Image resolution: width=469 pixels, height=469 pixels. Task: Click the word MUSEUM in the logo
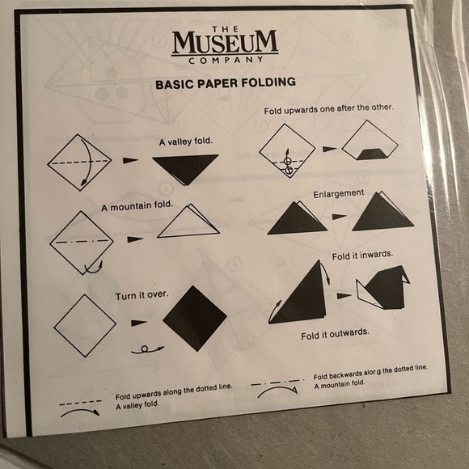(x=225, y=41)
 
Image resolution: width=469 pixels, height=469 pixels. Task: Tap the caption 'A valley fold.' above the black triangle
(x=186, y=142)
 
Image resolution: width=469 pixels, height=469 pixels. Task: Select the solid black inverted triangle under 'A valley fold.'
(x=185, y=166)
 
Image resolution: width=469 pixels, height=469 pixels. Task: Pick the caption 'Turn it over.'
(x=142, y=294)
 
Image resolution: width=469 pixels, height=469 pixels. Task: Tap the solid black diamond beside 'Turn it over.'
(x=195, y=318)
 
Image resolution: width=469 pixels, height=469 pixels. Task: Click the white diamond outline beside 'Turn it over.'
(x=85, y=324)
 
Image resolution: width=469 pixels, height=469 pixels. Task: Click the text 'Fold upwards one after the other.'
(x=328, y=109)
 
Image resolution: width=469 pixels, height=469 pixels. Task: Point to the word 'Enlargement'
(x=339, y=193)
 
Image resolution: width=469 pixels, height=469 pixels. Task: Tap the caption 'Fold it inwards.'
(x=362, y=256)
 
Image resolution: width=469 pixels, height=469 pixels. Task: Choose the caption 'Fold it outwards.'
(x=336, y=333)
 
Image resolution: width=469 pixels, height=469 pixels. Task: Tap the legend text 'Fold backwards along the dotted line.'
(x=370, y=372)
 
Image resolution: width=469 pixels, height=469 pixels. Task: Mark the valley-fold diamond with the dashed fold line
(x=78, y=161)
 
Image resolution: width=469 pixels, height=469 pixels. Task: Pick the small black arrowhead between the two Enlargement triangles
(x=339, y=216)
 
